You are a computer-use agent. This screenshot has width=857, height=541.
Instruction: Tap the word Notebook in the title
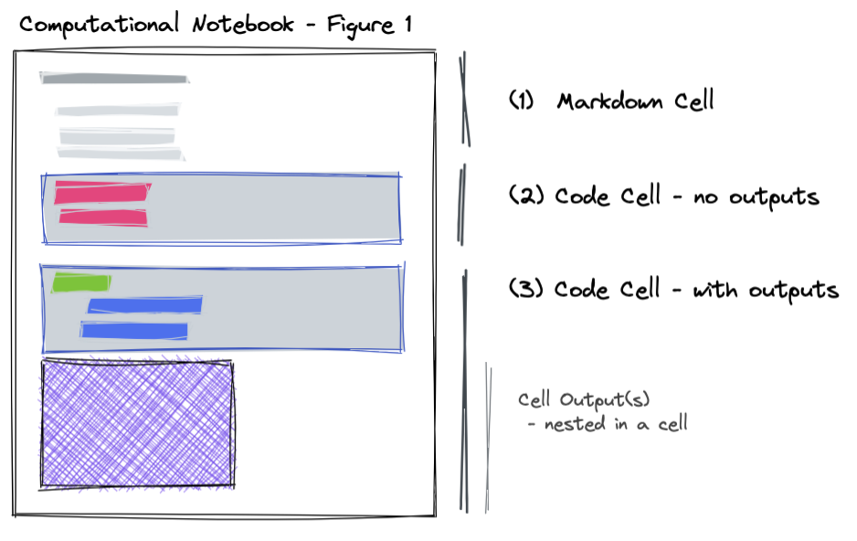click(x=243, y=25)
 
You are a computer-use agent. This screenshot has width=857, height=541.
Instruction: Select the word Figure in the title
click(x=361, y=27)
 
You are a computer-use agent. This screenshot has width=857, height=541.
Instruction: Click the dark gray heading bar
click(x=114, y=79)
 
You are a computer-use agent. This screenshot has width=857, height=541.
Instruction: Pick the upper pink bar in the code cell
click(x=102, y=193)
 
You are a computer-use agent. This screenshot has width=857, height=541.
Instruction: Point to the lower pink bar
click(x=103, y=217)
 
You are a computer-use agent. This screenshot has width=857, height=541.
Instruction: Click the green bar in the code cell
click(x=81, y=283)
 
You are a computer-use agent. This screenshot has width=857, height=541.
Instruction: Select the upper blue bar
click(x=145, y=305)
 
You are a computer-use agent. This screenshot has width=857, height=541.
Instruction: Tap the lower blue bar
click(x=134, y=331)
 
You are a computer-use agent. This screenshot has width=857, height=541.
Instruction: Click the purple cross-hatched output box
click(x=137, y=423)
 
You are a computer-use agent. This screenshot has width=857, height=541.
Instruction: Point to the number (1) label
click(x=521, y=100)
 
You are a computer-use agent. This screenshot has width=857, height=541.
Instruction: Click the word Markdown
click(x=609, y=101)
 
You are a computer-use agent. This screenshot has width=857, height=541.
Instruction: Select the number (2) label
click(x=526, y=195)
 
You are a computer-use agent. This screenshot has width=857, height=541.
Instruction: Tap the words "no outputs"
click(x=756, y=197)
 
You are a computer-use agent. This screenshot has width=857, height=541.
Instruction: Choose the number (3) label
click(x=526, y=288)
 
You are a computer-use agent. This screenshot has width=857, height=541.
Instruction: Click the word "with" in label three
click(x=714, y=289)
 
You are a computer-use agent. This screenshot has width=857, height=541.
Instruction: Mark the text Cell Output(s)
click(x=584, y=400)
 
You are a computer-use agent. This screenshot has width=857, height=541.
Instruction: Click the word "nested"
click(x=575, y=424)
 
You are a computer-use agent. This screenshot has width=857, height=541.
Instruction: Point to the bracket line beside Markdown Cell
click(x=464, y=99)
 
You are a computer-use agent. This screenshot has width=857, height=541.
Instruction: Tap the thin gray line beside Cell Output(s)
click(x=488, y=438)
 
